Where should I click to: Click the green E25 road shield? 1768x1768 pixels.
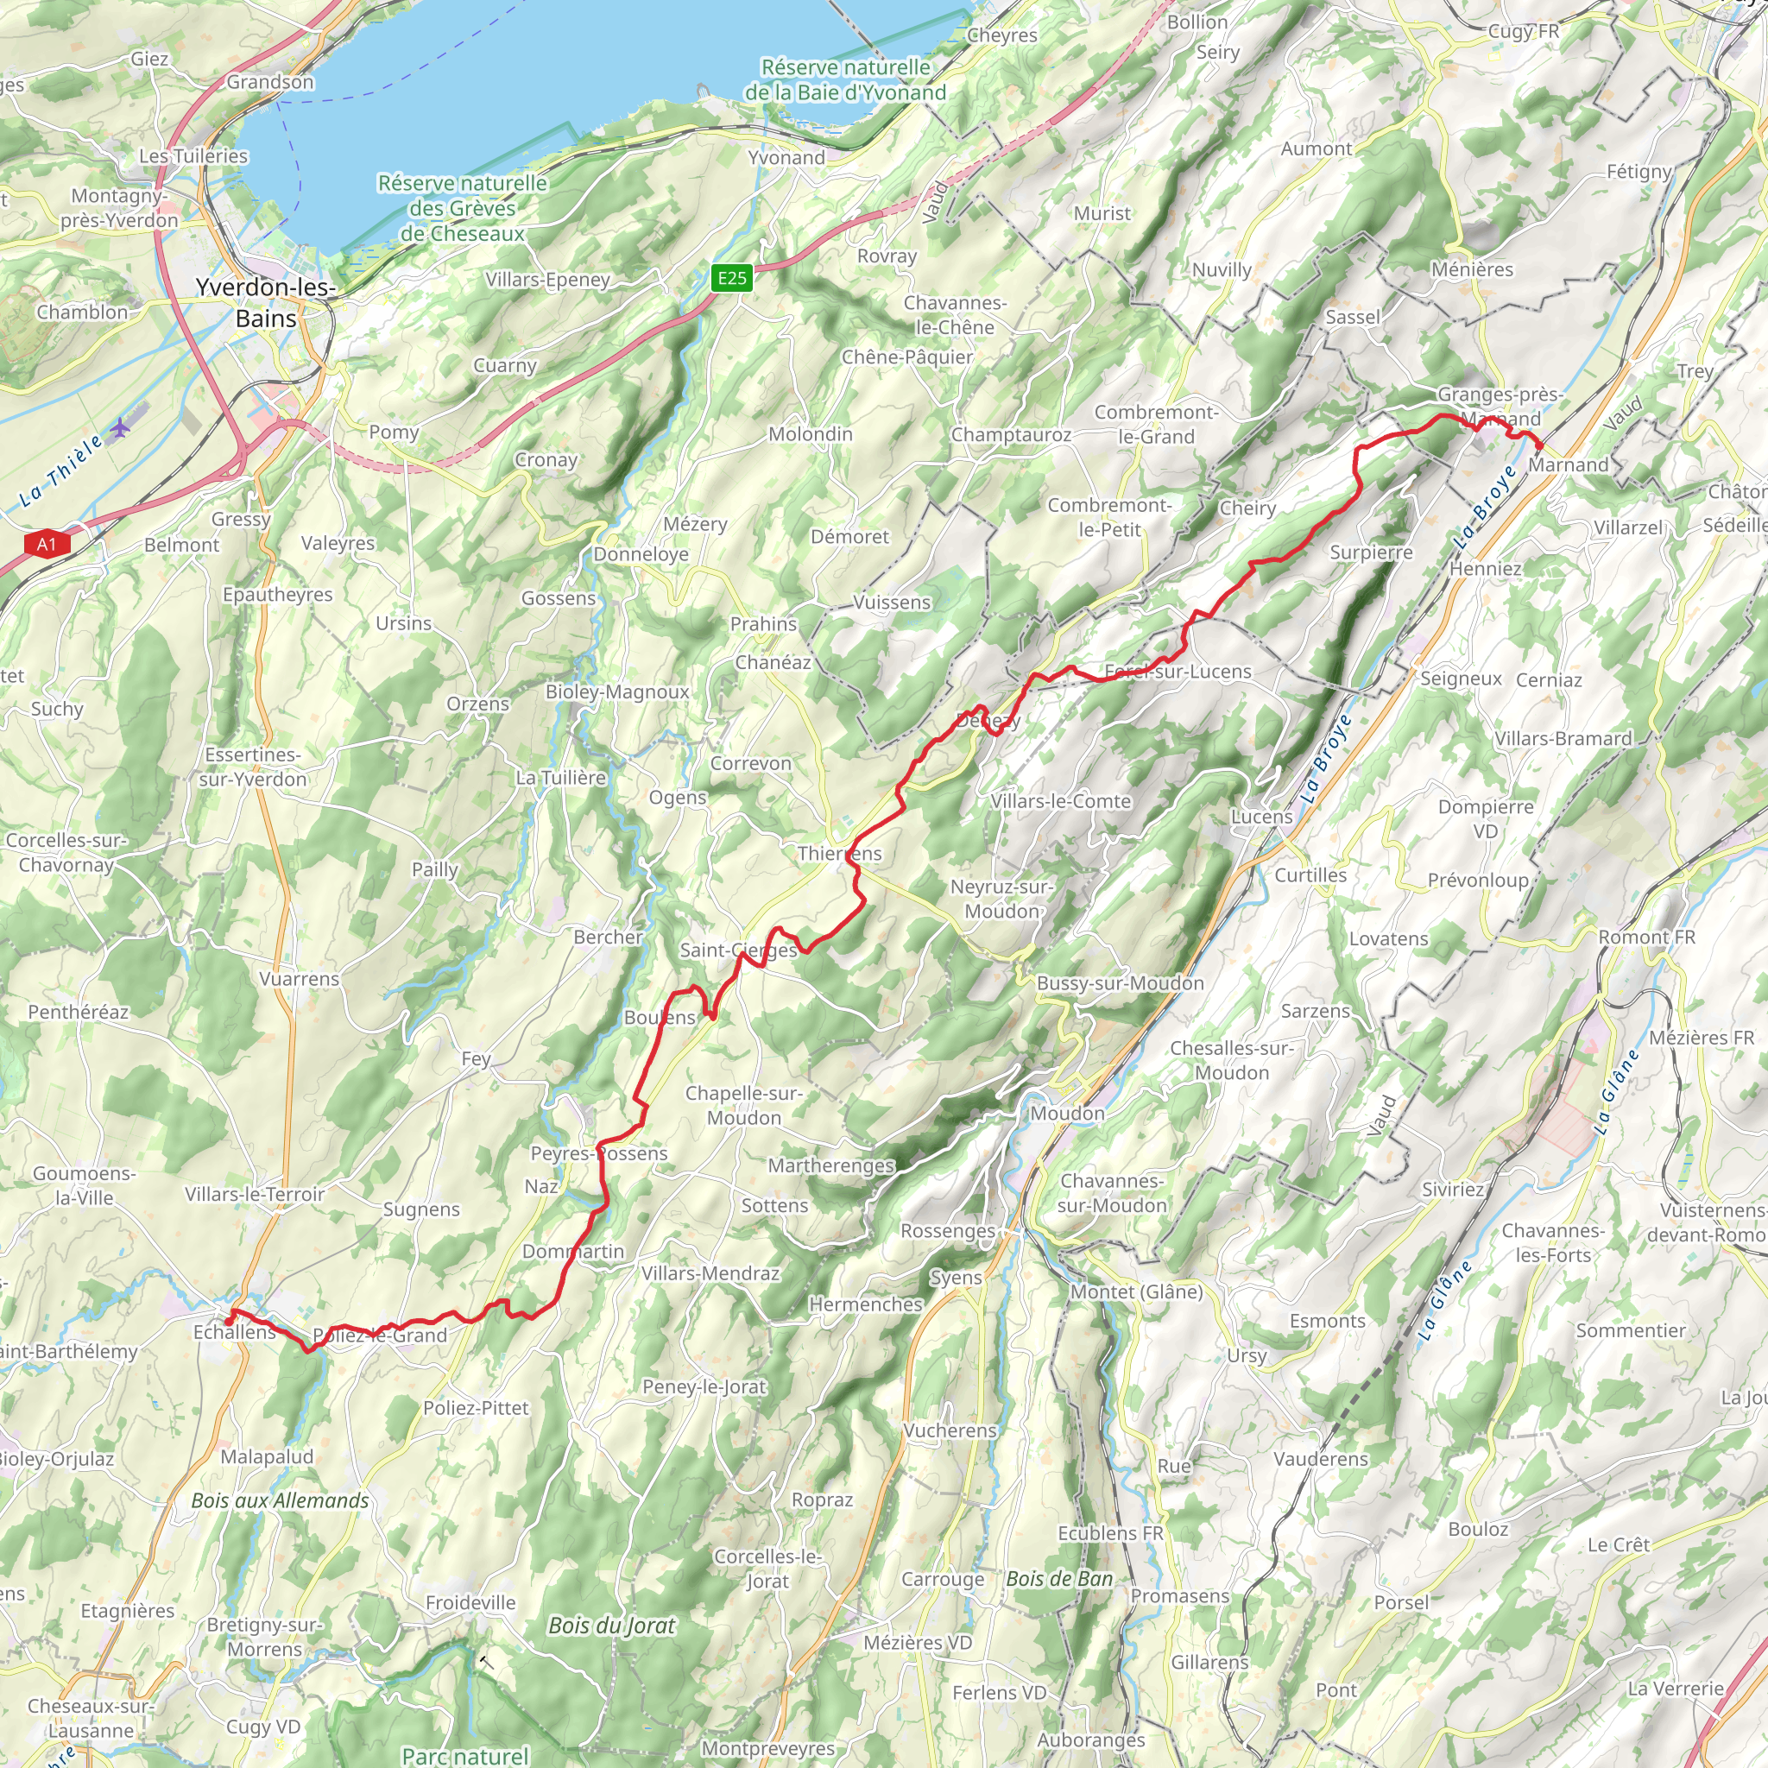pos(731,278)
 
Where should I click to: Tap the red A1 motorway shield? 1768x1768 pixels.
pos(46,545)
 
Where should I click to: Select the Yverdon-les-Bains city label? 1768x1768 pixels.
pos(265,303)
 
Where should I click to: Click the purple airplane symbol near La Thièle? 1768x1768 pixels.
pos(120,426)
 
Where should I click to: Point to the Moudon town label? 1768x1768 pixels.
pos(1067,1114)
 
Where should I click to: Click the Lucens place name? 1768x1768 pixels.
pos(1261,817)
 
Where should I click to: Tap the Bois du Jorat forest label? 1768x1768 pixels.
pos(611,1626)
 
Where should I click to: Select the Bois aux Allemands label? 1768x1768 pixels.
pos(280,1500)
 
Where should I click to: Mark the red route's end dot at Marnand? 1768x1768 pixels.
pos(1539,445)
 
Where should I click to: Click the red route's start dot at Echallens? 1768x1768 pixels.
pos(228,1322)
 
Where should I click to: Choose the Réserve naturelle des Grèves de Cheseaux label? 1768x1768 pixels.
pos(462,209)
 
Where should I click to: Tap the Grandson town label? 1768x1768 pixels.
pos(270,82)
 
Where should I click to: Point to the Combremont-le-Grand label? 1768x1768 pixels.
pos(1156,425)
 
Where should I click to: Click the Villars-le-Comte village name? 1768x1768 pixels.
pos(1061,801)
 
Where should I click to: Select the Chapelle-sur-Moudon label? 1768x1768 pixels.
pos(744,1106)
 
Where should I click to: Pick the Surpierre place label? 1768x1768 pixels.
pos(1371,552)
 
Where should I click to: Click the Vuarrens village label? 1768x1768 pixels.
pos(300,978)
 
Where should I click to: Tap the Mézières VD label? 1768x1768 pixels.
pos(917,1643)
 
